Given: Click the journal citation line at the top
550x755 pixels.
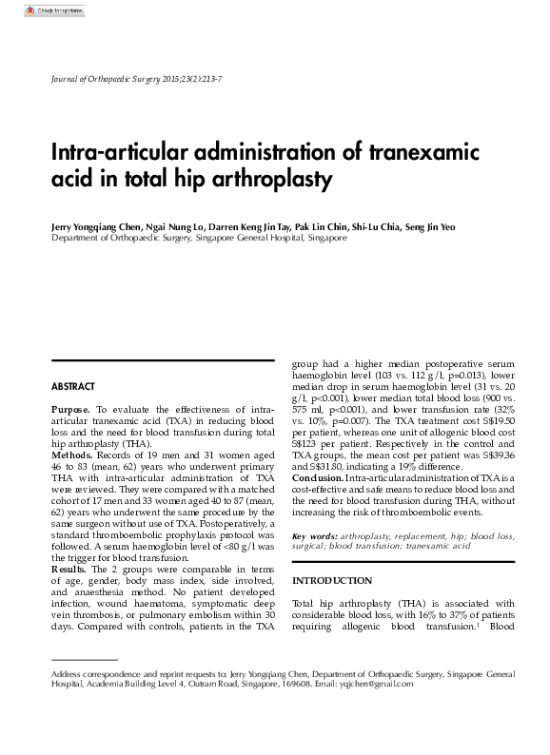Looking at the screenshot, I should [x=137, y=77].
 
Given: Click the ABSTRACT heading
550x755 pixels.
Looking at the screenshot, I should [x=72, y=387].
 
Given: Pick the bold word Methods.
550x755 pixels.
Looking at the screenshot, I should [x=72, y=455].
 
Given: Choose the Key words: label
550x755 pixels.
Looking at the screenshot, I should [x=314, y=537].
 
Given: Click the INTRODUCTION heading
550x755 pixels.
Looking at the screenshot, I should [x=332, y=580].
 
